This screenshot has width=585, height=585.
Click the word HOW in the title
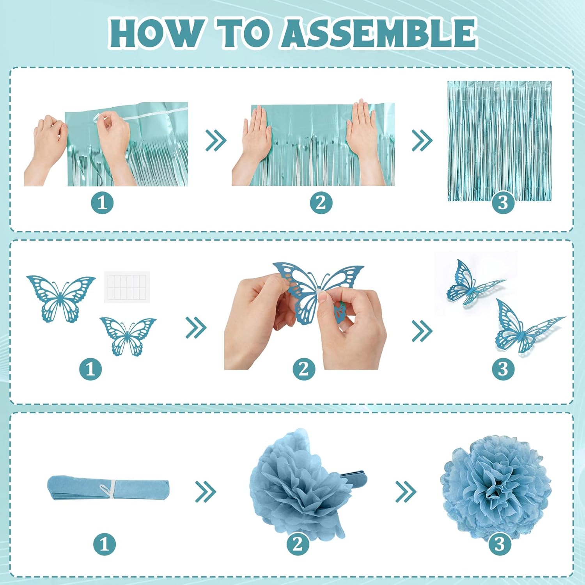tap(156, 33)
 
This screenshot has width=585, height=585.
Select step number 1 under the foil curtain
tap(102, 203)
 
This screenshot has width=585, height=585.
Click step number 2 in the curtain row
tap(321, 203)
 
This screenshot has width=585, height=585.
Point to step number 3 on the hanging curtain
tap(503, 203)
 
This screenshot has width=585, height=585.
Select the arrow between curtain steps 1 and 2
tap(216, 140)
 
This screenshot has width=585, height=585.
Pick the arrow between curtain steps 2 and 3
tap(422, 140)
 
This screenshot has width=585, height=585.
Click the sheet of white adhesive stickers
tap(127, 287)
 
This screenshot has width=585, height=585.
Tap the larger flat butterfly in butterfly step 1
tap(60, 299)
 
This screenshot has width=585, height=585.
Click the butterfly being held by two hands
tap(316, 291)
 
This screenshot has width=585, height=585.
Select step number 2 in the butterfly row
tap(304, 369)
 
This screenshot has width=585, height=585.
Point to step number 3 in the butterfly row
tap(503, 369)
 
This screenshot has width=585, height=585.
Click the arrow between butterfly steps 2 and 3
tap(422, 331)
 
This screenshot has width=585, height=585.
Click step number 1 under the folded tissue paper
tap(105, 544)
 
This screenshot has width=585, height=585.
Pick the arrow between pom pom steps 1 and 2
tap(206, 491)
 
